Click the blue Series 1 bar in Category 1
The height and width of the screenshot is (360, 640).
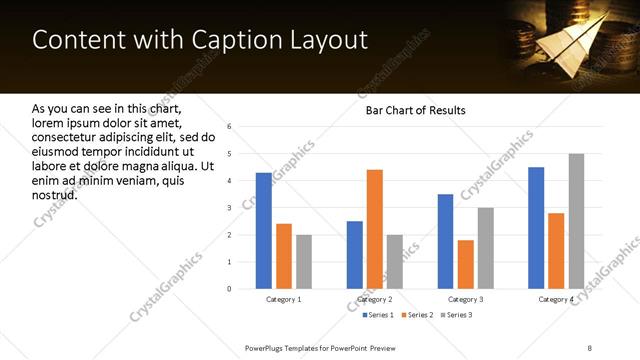point(264,231)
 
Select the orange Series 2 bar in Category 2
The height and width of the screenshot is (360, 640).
point(375,229)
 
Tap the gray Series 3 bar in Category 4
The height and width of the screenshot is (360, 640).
point(576,221)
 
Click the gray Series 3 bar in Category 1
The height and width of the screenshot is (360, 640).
point(304,262)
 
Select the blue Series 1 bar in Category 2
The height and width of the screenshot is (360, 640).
point(355,255)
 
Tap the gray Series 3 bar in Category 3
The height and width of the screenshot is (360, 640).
point(485,248)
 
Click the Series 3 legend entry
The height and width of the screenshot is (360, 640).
point(456,315)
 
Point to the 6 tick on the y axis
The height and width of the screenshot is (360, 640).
point(230,127)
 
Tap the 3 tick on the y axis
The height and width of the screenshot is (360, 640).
point(230,208)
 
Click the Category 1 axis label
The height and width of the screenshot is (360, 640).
point(284,299)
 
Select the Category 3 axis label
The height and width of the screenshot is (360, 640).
point(465,299)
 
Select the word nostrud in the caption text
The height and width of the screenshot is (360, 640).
point(55,194)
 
